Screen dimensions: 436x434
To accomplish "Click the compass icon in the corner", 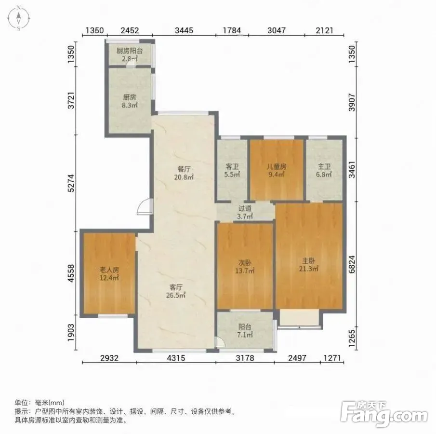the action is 19,17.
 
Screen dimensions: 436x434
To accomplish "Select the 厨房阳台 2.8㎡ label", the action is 130,54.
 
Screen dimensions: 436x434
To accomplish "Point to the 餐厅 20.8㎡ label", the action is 184,173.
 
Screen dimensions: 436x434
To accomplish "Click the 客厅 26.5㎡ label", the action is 176,291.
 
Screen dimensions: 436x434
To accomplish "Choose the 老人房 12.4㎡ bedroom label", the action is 109,273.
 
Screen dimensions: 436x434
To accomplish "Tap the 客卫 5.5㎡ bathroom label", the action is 232,171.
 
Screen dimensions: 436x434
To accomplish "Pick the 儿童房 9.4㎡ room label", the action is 277,171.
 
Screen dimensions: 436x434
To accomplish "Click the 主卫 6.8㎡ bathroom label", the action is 324,171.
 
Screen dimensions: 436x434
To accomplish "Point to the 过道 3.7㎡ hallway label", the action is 245,212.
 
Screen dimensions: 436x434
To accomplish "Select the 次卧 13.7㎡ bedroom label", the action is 245,266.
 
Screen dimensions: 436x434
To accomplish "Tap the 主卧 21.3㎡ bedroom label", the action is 309,265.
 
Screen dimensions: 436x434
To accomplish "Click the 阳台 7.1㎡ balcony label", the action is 245,330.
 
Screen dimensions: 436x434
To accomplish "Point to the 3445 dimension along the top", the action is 184,30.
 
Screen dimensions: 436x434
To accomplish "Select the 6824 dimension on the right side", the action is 352,264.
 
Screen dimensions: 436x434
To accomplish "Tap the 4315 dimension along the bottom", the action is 176,358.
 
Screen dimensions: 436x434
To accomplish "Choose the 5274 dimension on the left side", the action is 71,183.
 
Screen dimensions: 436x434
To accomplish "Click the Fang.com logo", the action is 383,413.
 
